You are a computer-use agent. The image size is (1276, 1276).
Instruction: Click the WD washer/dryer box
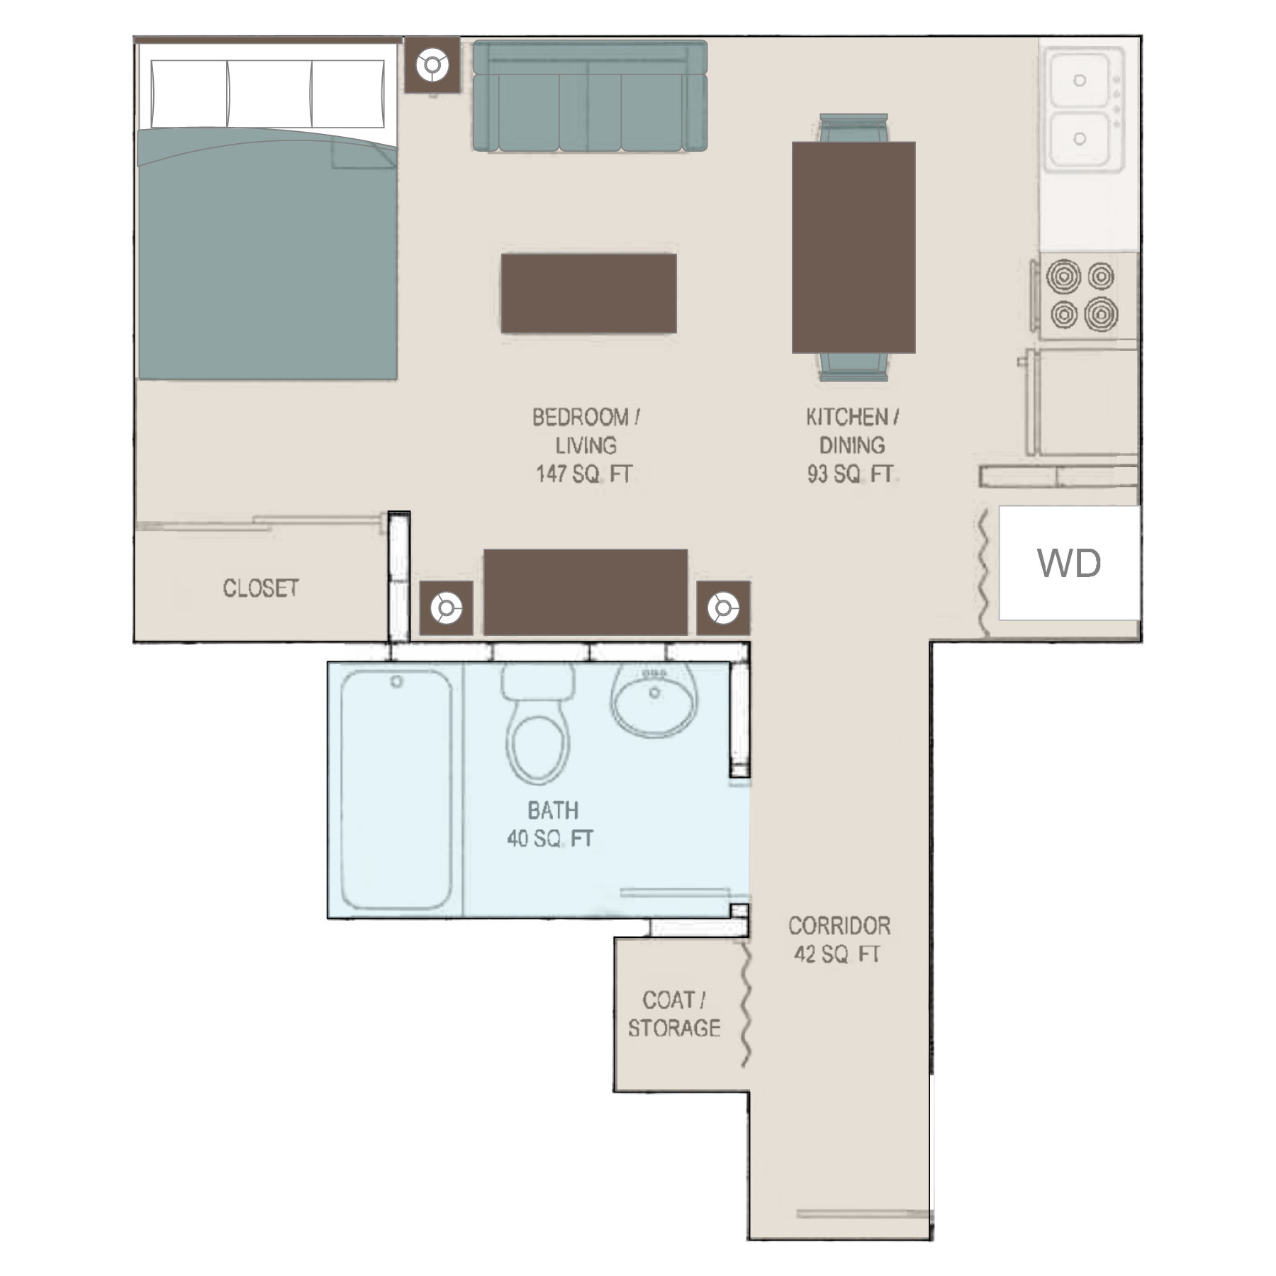click(1069, 563)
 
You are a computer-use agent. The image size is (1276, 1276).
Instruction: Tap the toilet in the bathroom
click(538, 724)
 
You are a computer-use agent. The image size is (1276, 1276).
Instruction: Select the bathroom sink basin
click(654, 700)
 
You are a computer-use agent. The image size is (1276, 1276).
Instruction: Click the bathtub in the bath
click(396, 790)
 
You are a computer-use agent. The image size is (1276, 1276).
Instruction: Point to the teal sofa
click(590, 96)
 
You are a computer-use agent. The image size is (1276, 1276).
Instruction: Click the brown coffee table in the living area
click(588, 293)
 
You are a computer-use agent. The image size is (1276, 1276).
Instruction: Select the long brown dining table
click(854, 247)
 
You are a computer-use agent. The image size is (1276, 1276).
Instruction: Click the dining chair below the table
click(854, 367)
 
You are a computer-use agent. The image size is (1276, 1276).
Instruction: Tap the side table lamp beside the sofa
click(432, 65)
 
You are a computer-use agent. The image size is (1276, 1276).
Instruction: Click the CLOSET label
click(261, 588)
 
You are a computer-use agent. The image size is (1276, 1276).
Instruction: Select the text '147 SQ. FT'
click(584, 474)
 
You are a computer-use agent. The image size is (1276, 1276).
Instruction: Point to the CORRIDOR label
click(839, 925)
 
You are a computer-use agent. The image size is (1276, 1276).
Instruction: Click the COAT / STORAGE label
click(674, 1014)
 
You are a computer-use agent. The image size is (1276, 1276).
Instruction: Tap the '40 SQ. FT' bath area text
click(550, 839)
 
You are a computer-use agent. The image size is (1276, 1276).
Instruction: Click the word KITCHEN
click(846, 417)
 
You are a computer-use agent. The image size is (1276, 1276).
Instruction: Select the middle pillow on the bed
click(269, 94)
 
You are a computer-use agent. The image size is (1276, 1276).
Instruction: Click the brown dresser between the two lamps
click(586, 592)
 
